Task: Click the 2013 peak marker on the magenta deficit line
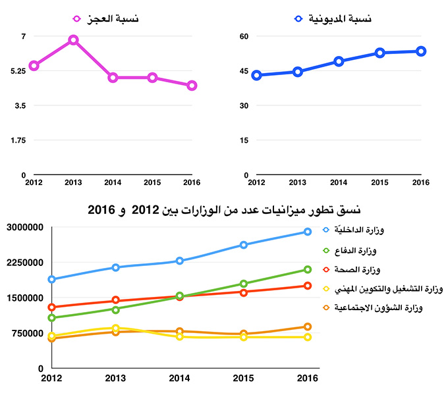[73, 40]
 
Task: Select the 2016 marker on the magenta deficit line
[192, 86]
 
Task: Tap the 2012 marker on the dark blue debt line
[257, 76]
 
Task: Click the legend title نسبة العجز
[117, 20]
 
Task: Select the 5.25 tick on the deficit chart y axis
[14, 71]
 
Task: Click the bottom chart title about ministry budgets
[224, 209]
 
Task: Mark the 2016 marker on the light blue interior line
[307, 232]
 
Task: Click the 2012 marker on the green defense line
[52, 318]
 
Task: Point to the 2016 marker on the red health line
[307, 286]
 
